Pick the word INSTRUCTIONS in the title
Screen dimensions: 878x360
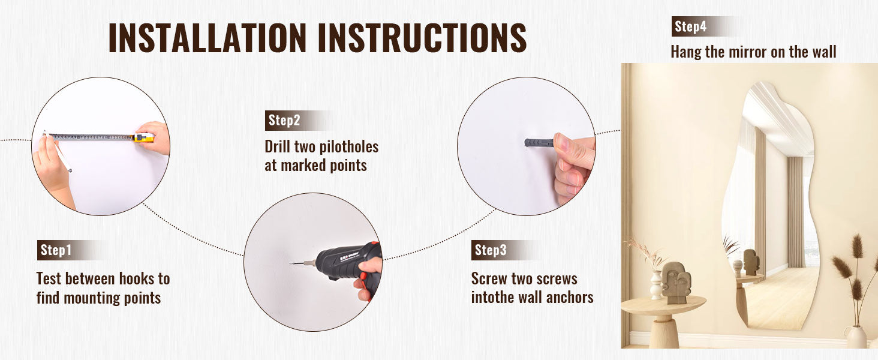[x=422, y=38]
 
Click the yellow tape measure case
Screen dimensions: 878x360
[x=143, y=137]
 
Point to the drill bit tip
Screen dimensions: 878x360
[x=291, y=263]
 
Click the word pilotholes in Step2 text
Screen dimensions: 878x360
[x=349, y=147]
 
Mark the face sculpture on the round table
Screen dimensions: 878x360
[x=676, y=283]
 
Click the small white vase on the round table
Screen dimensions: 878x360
[x=656, y=285]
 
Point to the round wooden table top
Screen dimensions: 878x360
[x=663, y=305]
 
